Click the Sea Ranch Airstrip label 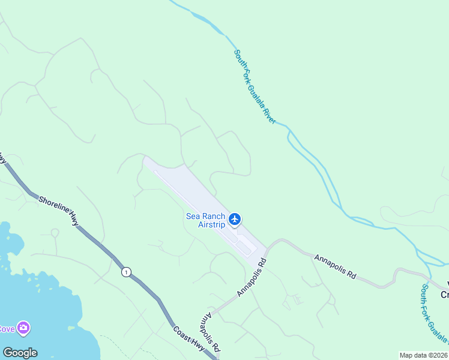pyautogui.click(x=206, y=220)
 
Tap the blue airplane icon pyautogui.click(x=235, y=219)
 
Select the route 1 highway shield pyautogui.click(x=125, y=272)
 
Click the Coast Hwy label pyautogui.click(x=187, y=340)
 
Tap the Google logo pyautogui.click(x=20, y=353)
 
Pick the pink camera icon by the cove pyautogui.click(x=24, y=328)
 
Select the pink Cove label pyautogui.click(x=7, y=329)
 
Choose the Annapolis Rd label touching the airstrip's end pyautogui.click(x=252, y=277)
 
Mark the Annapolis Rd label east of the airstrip pyautogui.click(x=335, y=265)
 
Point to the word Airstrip pyautogui.click(x=211, y=224)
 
